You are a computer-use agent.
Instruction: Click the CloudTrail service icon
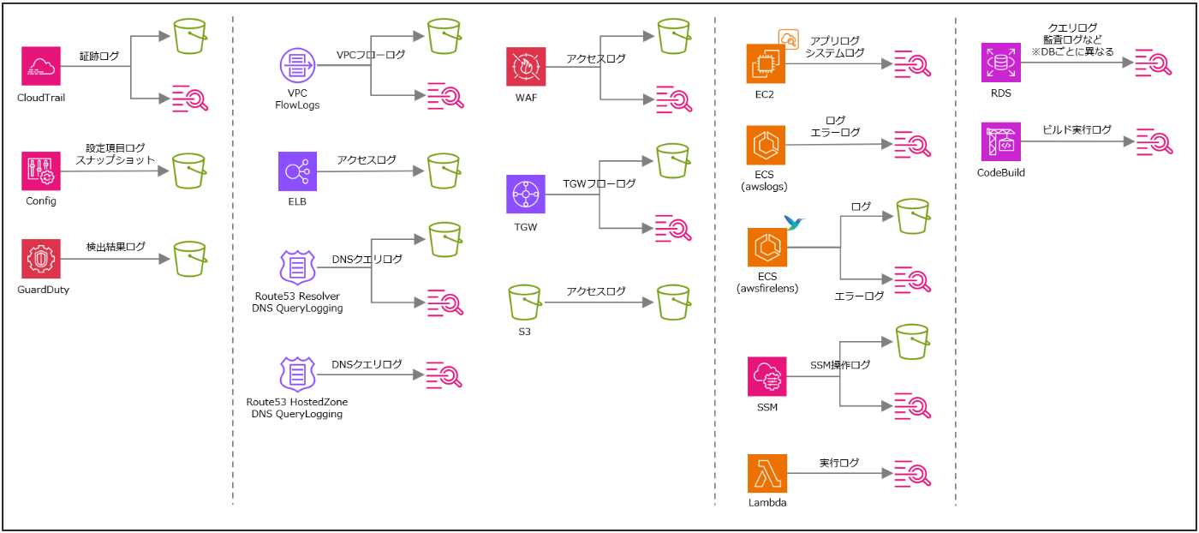point(41,66)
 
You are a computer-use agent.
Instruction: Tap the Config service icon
point(41,171)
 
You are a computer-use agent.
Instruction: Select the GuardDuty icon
point(41,259)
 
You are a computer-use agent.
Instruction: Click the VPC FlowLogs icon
point(298,67)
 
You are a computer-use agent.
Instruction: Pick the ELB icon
point(298,171)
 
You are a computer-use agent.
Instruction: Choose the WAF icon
point(526,67)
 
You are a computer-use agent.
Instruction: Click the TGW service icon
point(526,195)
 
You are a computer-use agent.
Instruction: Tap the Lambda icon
point(767,474)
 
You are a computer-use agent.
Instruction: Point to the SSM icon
point(767,378)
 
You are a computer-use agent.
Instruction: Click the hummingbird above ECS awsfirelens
point(796,225)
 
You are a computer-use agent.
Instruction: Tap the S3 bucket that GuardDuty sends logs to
point(190,258)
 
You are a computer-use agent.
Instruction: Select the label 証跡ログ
point(98,57)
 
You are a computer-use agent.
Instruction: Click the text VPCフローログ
point(371,55)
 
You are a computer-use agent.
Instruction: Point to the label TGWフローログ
point(599,183)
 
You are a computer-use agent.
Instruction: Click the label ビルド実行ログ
point(1077,129)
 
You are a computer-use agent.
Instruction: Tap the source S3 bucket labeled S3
point(525,304)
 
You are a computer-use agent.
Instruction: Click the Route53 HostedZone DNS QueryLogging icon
point(298,374)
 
